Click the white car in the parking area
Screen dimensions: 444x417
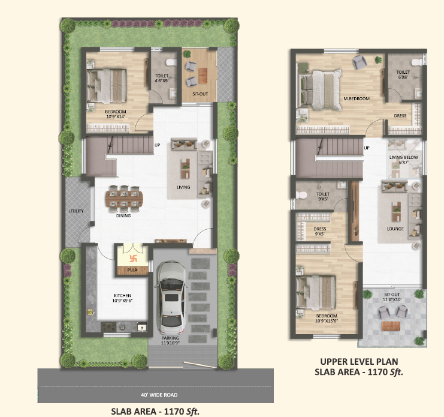[x=171, y=298]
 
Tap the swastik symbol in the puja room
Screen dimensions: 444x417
[x=133, y=258]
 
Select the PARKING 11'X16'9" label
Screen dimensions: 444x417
[x=170, y=340]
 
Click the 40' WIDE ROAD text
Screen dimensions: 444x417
[x=159, y=395]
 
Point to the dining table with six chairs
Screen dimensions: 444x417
[x=124, y=199]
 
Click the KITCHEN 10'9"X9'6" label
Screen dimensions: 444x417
[x=123, y=298]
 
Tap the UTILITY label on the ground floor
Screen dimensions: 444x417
[x=77, y=211]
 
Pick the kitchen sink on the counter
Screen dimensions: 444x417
[x=141, y=327]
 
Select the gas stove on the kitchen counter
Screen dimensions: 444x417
[x=108, y=327]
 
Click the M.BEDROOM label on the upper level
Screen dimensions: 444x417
[x=357, y=98]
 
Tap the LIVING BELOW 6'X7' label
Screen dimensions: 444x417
[x=403, y=160]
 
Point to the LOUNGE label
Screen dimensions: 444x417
[x=395, y=229]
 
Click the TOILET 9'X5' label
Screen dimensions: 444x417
[x=323, y=196]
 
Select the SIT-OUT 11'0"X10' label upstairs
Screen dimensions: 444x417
[x=392, y=297]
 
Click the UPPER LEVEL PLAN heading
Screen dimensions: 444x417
[x=359, y=361]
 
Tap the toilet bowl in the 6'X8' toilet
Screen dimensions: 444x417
[x=416, y=62]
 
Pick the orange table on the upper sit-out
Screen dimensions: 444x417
[x=391, y=326]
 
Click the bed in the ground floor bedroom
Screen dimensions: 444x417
[x=107, y=86]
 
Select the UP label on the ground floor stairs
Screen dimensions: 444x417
[x=158, y=145]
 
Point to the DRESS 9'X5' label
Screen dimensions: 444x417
[x=320, y=232]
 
